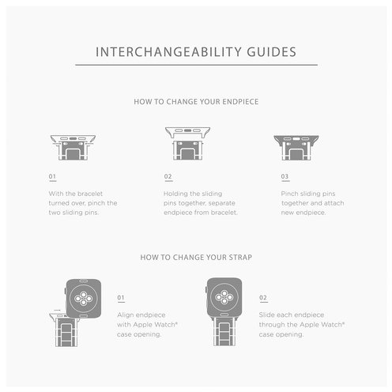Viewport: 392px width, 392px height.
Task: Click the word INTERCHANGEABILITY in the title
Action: point(168,52)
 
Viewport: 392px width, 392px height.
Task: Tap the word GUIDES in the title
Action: point(272,52)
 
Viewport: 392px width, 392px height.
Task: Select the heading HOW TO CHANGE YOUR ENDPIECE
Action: point(196,102)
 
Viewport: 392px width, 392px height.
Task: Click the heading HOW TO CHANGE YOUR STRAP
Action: point(196,257)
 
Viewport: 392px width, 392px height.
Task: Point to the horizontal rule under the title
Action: point(196,65)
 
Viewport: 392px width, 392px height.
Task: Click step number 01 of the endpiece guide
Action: point(52,176)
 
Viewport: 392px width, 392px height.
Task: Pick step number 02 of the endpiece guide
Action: point(168,176)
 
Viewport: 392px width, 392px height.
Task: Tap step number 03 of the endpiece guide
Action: point(285,176)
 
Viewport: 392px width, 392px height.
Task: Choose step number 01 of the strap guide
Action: point(121,297)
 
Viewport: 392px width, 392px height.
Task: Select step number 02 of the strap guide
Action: point(263,297)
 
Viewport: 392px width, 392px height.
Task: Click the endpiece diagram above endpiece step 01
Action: point(73,148)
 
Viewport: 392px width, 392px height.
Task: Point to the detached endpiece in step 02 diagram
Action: point(187,133)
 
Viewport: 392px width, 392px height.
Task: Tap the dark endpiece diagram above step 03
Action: point(296,148)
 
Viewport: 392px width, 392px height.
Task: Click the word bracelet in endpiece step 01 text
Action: point(90,194)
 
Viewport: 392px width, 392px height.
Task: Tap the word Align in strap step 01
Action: point(126,315)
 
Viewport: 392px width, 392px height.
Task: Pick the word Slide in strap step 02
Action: point(266,315)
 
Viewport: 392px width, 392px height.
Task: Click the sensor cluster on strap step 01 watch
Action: point(84,299)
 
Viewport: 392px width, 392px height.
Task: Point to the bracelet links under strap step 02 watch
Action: point(224,331)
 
